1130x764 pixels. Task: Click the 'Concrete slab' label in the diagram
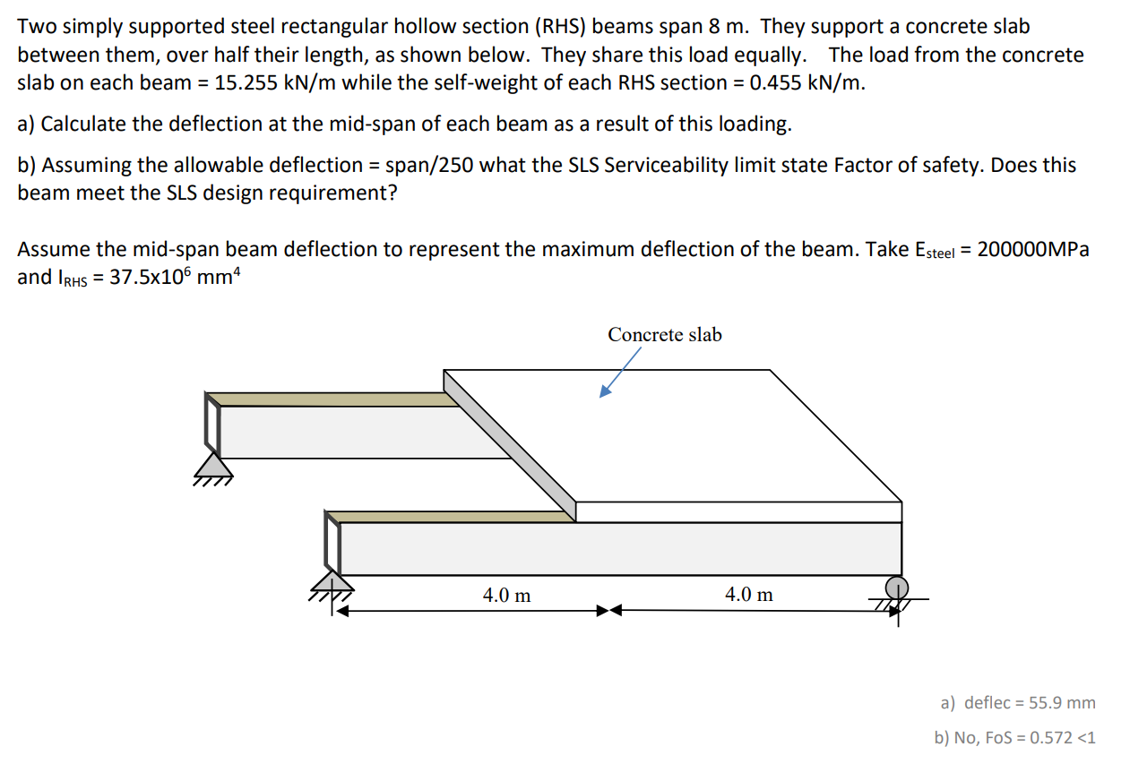coord(664,335)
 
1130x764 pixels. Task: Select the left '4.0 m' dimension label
coord(506,595)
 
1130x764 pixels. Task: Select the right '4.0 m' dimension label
coord(748,595)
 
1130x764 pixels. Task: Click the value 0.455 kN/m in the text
coord(807,82)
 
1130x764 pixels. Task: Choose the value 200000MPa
coord(1033,250)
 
